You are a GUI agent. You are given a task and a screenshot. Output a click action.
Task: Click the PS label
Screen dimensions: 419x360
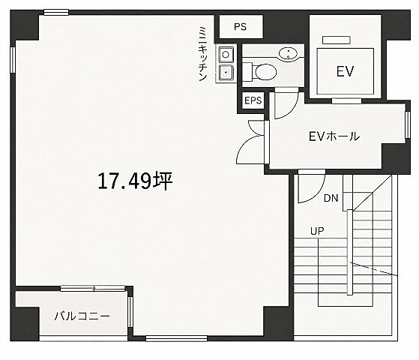point(240,27)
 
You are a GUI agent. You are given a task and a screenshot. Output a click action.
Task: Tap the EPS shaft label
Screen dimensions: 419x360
point(253,100)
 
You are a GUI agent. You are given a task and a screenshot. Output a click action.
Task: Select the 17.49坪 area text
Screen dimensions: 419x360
point(135,181)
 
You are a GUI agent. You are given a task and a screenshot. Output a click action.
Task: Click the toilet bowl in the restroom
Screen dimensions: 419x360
point(265,72)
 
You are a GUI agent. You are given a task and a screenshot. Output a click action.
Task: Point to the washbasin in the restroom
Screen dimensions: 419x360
point(288,53)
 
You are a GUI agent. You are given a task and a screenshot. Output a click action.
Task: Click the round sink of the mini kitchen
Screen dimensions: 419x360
point(226,55)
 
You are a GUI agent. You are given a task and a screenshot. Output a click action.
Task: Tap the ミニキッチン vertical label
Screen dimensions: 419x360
point(203,54)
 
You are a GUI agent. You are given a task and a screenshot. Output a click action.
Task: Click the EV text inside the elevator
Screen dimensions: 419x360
point(345,71)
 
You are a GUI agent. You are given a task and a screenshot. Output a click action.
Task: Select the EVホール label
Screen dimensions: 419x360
point(334,136)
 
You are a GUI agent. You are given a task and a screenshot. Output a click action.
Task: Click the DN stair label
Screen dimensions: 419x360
point(331,198)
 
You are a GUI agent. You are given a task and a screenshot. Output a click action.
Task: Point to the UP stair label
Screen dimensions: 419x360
point(317,230)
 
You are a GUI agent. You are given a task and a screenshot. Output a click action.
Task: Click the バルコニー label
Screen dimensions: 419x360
point(82,316)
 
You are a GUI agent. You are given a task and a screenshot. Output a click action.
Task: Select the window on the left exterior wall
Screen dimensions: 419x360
point(13,60)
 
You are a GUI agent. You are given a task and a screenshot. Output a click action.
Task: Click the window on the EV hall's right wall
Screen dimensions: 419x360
point(407,124)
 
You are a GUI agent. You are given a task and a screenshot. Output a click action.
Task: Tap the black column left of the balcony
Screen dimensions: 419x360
point(25,324)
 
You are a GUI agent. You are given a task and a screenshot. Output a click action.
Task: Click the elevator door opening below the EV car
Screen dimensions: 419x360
point(346,101)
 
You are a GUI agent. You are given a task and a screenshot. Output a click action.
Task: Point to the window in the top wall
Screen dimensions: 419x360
point(56,12)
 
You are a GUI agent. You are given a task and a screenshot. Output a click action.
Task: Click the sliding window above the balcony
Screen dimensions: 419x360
point(93,288)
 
